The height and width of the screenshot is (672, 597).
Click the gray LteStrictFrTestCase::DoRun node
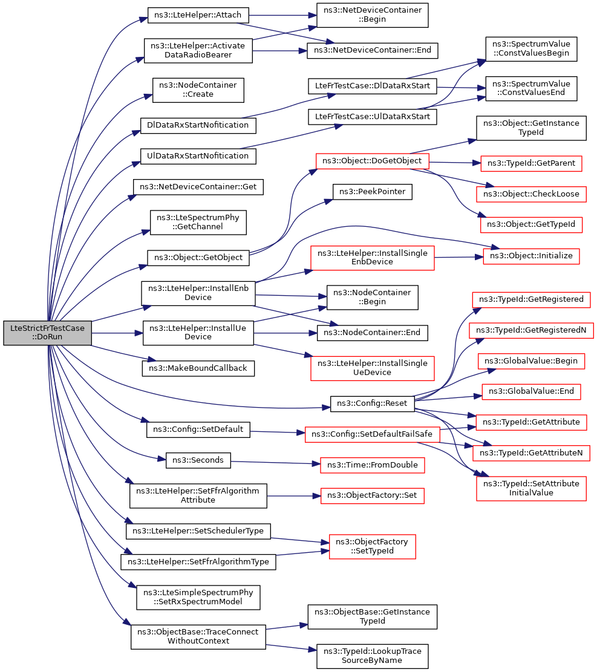coord(47,333)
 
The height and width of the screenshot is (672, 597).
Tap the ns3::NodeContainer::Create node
coord(198,90)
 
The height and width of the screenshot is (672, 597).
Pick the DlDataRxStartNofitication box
coord(198,125)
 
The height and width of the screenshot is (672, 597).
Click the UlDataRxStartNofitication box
coord(198,155)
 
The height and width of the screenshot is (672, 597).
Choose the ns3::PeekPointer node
coord(373,192)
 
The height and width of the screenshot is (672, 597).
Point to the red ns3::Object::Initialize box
coord(531,256)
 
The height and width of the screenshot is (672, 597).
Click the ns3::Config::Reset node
coord(372,403)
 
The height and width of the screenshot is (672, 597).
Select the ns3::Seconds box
coord(198,460)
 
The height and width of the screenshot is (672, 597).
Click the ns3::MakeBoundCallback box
coord(198,367)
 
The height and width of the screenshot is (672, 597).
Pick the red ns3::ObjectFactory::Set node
coord(373,495)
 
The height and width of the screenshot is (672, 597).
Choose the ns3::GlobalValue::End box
coord(531,391)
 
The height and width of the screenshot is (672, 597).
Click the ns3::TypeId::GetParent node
coord(531,163)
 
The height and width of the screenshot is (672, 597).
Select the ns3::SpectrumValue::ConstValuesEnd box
coord(531,88)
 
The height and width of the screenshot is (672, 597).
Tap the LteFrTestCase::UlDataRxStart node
coord(373,116)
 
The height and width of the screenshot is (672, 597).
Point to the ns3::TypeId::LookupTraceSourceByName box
coord(373,656)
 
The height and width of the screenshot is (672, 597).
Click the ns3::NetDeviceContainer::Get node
coord(198,187)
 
